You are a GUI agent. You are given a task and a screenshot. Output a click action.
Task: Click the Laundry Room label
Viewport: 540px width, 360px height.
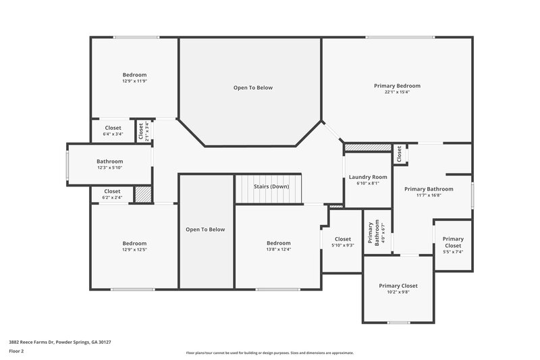click(368, 177)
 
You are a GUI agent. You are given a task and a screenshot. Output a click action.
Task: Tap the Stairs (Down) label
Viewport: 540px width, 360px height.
click(271, 186)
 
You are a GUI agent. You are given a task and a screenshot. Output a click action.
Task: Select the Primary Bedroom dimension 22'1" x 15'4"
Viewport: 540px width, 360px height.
click(397, 92)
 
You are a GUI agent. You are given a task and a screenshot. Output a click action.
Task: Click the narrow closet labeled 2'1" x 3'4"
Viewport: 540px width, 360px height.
click(142, 131)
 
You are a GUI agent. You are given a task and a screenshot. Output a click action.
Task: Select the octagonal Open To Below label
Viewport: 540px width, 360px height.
click(252, 88)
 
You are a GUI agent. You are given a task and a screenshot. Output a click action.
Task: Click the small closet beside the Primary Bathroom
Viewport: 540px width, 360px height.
click(400, 154)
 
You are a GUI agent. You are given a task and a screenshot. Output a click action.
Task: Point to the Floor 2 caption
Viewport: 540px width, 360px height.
click(16, 351)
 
